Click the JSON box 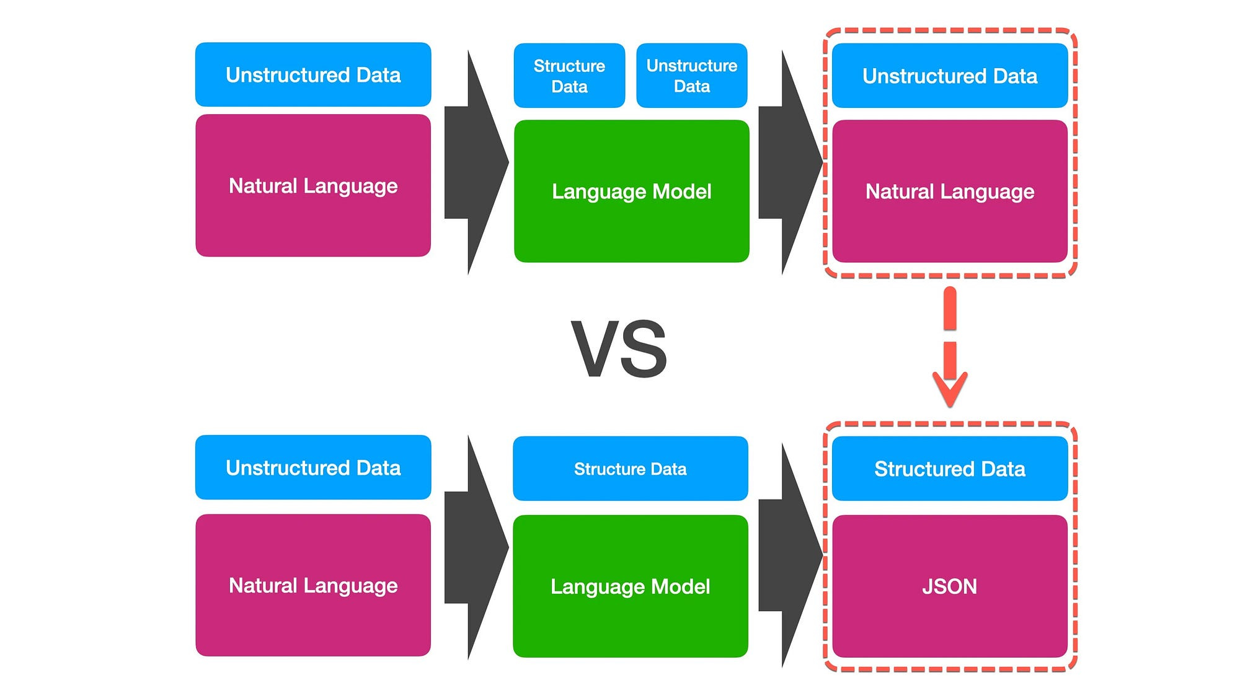click(949, 586)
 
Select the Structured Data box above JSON click(949, 469)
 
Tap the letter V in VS click(596, 348)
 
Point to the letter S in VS click(645, 348)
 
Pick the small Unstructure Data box click(692, 76)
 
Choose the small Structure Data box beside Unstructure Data click(569, 76)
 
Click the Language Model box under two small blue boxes click(631, 191)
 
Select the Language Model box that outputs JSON click(630, 586)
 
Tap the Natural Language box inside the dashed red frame click(949, 191)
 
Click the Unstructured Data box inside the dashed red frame click(949, 76)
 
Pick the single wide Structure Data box click(630, 469)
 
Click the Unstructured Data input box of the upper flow click(313, 74)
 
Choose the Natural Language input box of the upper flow click(313, 185)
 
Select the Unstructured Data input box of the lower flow click(313, 467)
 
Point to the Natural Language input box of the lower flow click(313, 585)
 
